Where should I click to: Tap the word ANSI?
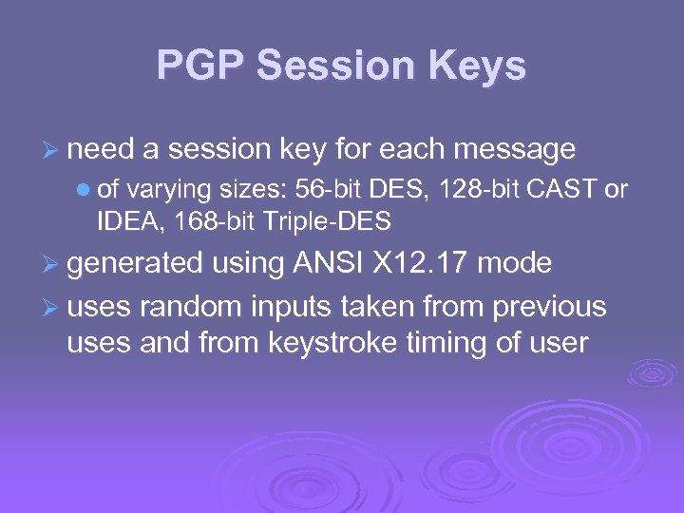[x=320, y=262]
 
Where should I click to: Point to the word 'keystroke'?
[x=351, y=342]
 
